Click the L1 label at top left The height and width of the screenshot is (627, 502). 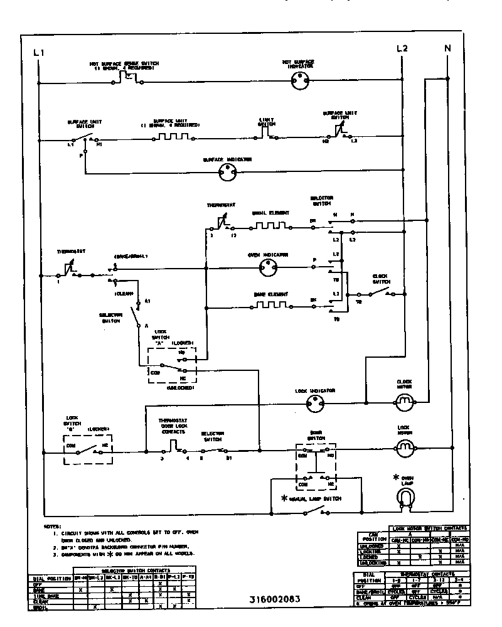tap(38, 53)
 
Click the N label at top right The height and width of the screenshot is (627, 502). tap(447, 48)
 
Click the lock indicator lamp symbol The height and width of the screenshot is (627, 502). tap(318, 404)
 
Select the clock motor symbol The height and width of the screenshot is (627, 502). tap(405, 400)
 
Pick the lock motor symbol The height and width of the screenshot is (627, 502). tap(405, 446)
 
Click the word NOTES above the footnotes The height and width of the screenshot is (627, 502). tap(53, 525)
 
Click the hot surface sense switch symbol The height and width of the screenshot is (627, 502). tap(130, 78)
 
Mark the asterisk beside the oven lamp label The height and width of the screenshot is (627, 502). tap(396, 477)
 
